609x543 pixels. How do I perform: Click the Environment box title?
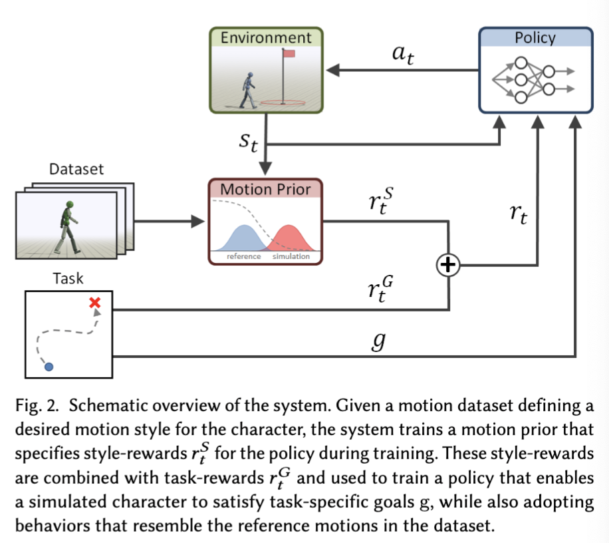click(266, 37)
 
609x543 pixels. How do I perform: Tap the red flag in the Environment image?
click(291, 53)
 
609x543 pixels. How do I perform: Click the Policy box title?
click(535, 38)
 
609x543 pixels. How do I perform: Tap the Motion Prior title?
click(265, 189)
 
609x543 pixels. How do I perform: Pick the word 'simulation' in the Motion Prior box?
click(291, 256)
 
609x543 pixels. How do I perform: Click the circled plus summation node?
click(449, 266)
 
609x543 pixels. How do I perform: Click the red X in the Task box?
click(95, 303)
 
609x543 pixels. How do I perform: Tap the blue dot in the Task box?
click(48, 366)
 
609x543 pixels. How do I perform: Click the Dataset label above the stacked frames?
click(76, 169)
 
